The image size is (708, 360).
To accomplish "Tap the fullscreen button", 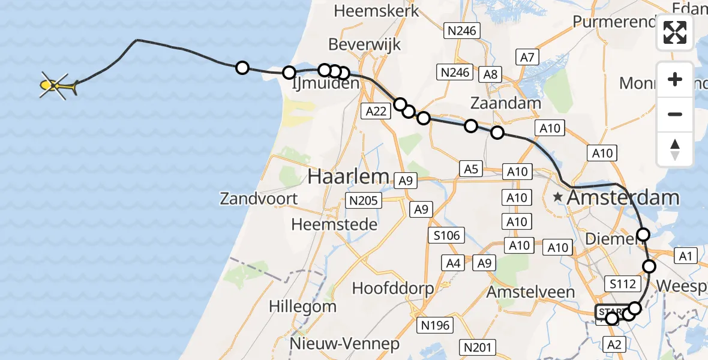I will point(675,32).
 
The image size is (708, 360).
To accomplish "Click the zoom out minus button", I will point(675,114).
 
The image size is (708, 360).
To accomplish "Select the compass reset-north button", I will point(675,149).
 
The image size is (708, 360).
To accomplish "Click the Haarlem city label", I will point(349,176).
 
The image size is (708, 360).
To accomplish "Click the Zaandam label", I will point(505,103).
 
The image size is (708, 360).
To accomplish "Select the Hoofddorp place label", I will point(393,288).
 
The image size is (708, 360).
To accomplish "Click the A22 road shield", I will point(376,110).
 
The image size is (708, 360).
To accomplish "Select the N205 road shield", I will point(363,200).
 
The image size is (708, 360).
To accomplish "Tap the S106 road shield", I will point(446,235).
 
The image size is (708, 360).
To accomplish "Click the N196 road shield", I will point(436,325).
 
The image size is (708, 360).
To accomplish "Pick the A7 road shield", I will point(527,58).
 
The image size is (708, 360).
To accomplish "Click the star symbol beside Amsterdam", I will point(559,197).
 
